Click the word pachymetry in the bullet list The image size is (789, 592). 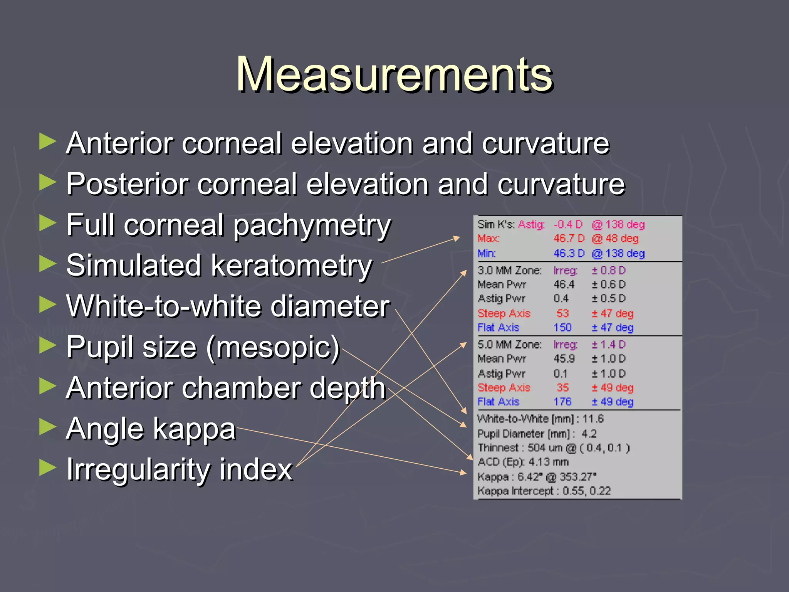(x=312, y=225)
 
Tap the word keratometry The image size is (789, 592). (x=292, y=266)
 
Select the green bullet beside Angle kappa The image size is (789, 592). (x=48, y=427)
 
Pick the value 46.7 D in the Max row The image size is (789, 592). (x=569, y=239)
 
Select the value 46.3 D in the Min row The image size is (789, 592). (x=569, y=254)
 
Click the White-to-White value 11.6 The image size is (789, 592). (x=593, y=419)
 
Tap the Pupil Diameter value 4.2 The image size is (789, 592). (x=589, y=434)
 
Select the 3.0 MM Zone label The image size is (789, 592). (x=509, y=271)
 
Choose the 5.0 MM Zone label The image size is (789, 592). (x=509, y=345)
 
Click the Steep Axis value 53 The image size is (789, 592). (x=562, y=314)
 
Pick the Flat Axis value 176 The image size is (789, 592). (x=562, y=402)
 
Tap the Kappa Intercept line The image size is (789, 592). (x=544, y=491)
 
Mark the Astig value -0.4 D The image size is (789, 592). (x=568, y=225)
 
